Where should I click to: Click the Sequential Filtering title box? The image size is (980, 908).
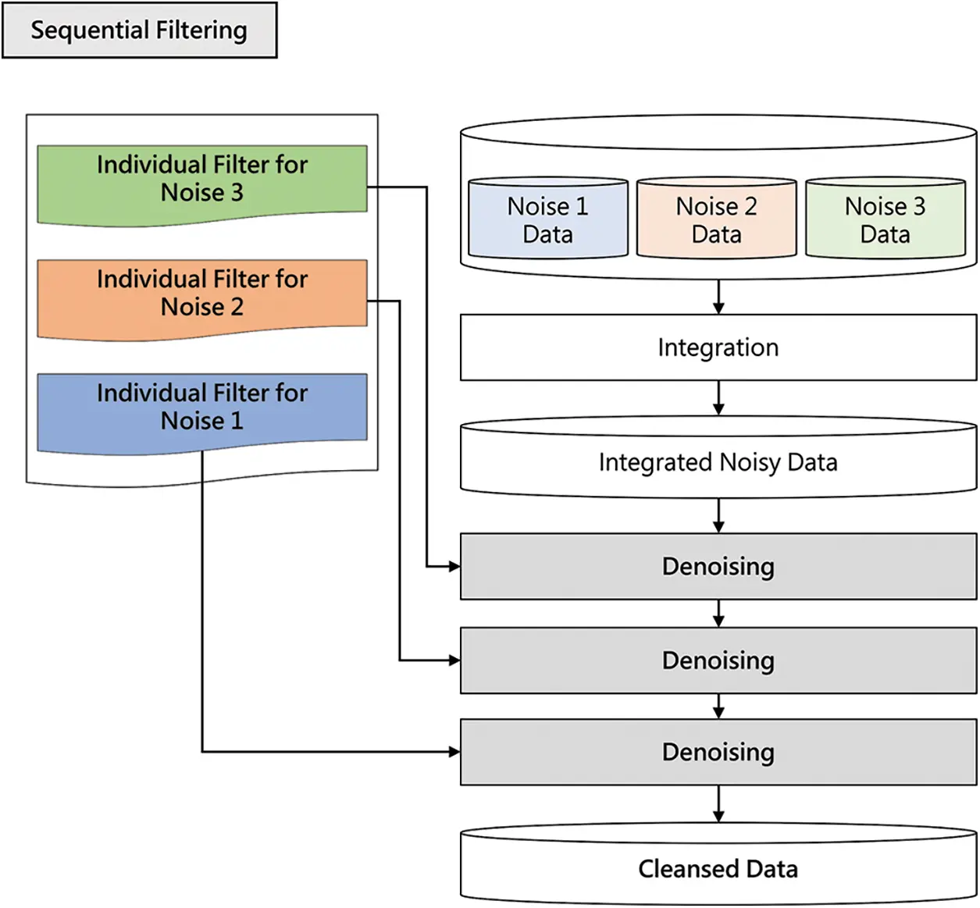pos(139,30)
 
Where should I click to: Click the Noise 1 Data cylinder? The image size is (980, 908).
pos(547,219)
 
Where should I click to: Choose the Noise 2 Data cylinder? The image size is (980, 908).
pos(716,219)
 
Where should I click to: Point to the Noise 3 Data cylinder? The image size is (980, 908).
pos(885,219)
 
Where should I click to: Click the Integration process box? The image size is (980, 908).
pos(718,347)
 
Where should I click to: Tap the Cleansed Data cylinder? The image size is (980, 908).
pos(718,867)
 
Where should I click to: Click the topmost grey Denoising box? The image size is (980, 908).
pos(718,566)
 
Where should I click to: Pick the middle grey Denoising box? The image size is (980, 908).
pos(718,661)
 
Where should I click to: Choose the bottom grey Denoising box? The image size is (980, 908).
pos(718,752)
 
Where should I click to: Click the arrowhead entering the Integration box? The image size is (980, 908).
pos(718,308)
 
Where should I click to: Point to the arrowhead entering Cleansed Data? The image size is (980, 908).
pos(718,816)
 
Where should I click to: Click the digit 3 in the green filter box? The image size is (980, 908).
pos(236,193)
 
